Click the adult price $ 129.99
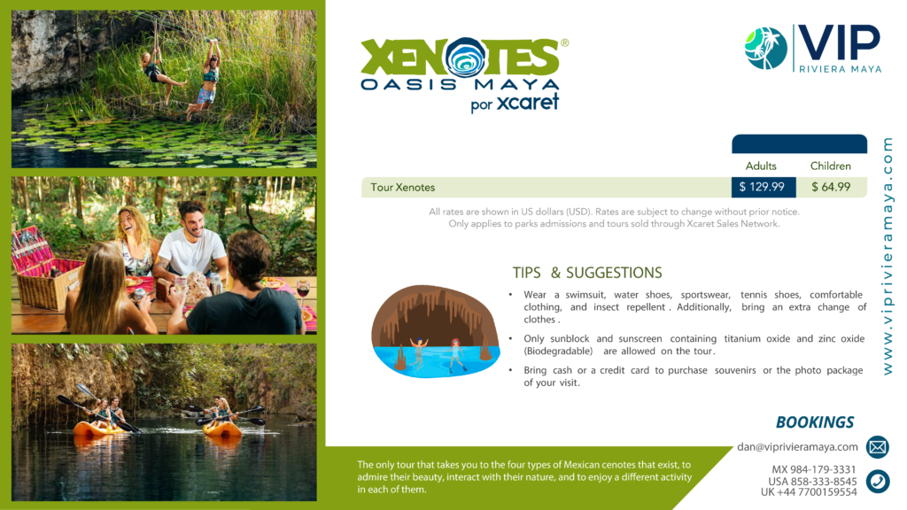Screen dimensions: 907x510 pos(762,188)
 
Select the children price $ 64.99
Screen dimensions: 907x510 pos(831,188)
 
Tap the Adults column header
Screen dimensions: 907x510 pos(761,166)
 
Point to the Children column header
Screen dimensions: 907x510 pos(831,166)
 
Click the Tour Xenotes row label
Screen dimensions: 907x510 pos(403,188)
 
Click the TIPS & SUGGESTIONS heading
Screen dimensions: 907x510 pos(587,273)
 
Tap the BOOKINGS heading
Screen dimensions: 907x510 pos(815,422)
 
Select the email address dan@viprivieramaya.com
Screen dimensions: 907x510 pos(797,447)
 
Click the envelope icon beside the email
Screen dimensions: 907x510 pos(878,447)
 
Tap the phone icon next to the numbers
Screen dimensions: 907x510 pos(878,481)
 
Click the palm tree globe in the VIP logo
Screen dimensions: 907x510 pos(766,49)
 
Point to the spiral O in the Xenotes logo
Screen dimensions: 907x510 pos(466,58)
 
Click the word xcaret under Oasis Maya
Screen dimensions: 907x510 pos(528,103)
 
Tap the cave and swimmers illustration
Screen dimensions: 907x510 pos(435,331)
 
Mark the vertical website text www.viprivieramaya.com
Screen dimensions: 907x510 pos(888,256)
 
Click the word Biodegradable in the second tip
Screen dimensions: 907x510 pos(558,351)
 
